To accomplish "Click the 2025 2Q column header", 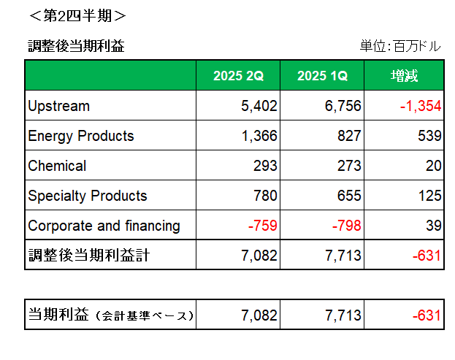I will click(238, 76).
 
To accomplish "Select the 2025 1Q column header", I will click(323, 76).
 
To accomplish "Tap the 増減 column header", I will click(404, 76).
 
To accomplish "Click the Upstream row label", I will click(58, 106).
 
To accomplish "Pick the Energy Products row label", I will click(81, 136).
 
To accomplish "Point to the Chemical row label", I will click(57, 166).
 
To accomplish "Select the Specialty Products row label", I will click(88, 196).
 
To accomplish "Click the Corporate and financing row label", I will click(104, 226).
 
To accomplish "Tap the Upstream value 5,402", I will click(259, 106).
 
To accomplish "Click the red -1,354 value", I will click(421, 106).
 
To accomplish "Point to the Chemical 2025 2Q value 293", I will click(265, 166).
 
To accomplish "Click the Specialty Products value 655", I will click(348, 196).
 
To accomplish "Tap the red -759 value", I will click(262, 226).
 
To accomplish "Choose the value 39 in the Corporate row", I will click(434, 226).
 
